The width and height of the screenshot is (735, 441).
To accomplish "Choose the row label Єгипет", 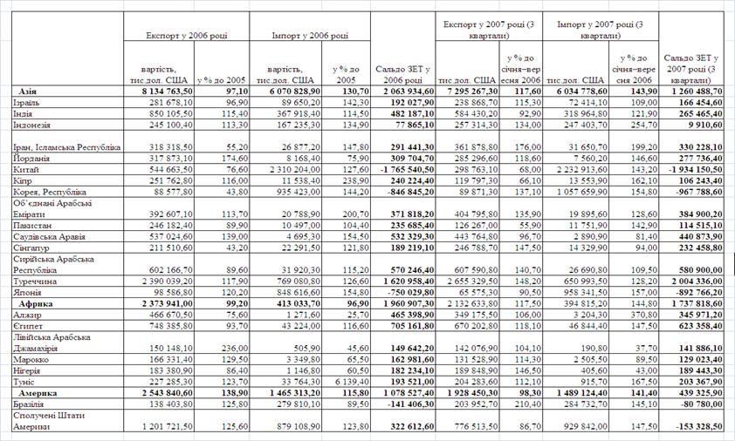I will coord(30,326).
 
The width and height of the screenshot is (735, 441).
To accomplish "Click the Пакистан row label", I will coord(35,224).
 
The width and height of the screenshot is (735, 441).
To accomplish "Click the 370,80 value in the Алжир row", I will coord(640,315).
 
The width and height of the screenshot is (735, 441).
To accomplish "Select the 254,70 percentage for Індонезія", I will coord(640,125).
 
